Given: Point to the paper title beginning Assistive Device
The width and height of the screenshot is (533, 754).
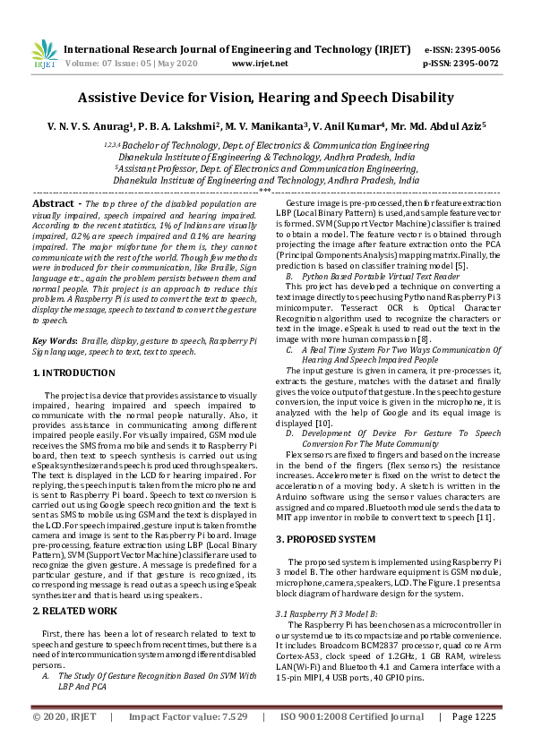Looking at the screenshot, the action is click(266, 98).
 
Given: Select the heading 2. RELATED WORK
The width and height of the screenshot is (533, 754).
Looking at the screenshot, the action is click(74, 610).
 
